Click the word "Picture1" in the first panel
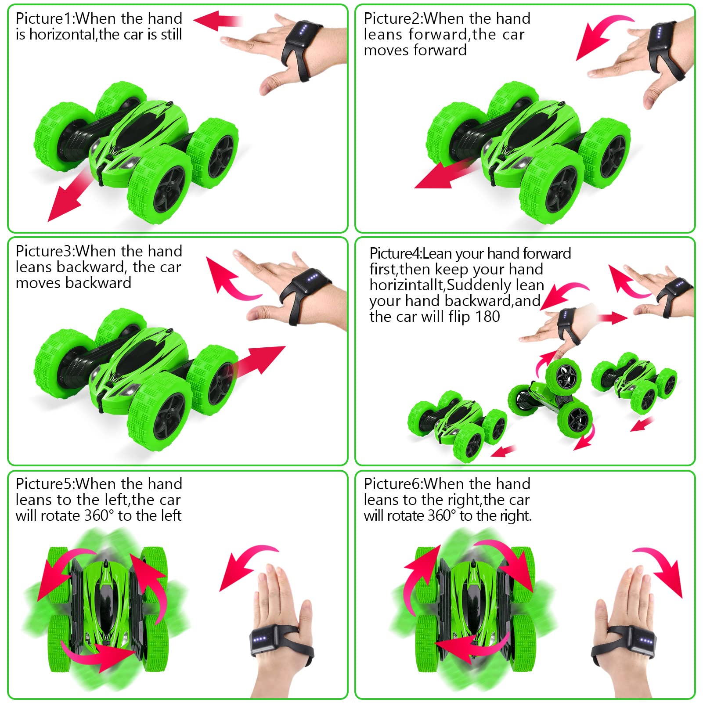[44, 19]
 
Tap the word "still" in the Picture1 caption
[172, 35]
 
